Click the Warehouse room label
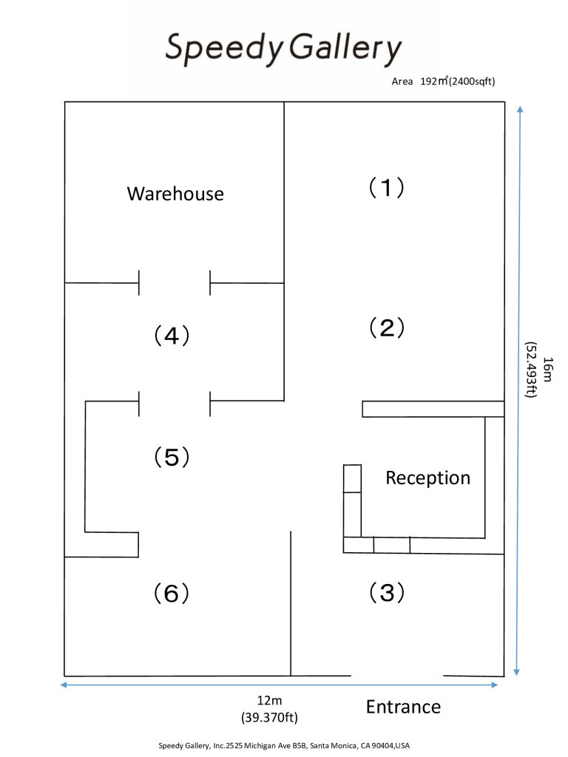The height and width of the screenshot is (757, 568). (175, 194)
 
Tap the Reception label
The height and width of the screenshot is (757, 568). (427, 478)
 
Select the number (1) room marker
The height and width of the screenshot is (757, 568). (387, 188)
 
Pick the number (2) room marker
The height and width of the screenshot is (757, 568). (387, 327)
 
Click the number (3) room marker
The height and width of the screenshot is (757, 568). (387, 592)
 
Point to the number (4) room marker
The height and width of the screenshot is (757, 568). (172, 336)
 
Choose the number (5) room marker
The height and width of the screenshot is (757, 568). (172, 457)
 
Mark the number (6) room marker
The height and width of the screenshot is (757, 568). (172, 593)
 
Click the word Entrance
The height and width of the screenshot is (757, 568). (403, 707)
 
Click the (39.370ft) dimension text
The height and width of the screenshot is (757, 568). (270, 716)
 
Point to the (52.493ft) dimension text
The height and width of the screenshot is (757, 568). (530, 369)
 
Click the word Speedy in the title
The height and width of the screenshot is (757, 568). (223, 49)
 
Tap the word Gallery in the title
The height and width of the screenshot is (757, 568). (344, 49)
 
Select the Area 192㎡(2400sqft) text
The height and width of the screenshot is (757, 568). (443, 81)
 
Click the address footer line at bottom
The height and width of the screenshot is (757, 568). (284, 745)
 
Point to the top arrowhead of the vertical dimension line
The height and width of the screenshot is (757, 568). (520, 109)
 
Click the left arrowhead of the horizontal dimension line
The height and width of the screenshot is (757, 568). (63, 685)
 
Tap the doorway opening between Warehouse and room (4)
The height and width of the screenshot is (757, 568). (175, 283)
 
